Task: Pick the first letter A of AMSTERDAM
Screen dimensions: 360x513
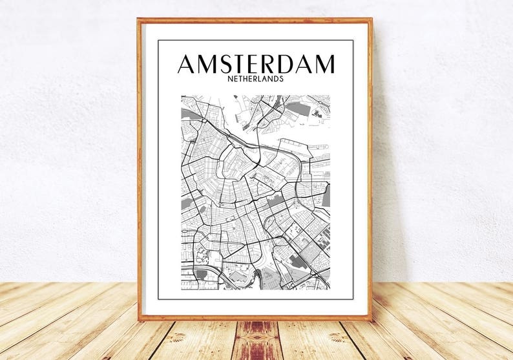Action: [187, 64]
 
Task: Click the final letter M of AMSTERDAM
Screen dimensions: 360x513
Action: [326, 64]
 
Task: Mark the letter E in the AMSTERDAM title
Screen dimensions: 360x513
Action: [260, 64]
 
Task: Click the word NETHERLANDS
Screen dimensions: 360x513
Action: [256, 79]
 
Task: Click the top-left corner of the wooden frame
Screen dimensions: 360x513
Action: [139, 20]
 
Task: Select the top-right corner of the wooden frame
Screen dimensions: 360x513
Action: [372, 20]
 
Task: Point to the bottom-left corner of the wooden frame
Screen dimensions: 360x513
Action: [139, 319]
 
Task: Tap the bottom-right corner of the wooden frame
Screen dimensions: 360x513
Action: [372, 319]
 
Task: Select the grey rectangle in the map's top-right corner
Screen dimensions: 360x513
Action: [298, 108]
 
